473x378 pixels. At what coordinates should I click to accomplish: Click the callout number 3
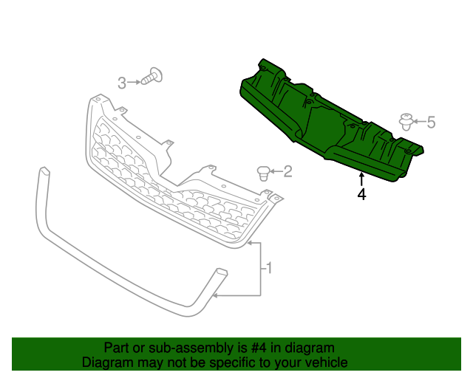[122, 83]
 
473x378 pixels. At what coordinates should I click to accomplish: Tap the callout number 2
[287, 172]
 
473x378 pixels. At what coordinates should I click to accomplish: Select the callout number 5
[431, 122]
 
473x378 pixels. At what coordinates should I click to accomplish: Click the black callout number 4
[361, 195]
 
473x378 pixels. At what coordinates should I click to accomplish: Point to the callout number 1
[269, 269]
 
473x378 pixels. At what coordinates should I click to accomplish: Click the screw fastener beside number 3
[153, 76]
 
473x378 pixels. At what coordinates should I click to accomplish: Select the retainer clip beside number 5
[406, 122]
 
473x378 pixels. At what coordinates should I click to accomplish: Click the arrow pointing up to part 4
[361, 179]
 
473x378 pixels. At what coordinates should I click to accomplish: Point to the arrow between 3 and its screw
[135, 82]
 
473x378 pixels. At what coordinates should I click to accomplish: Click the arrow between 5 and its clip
[419, 121]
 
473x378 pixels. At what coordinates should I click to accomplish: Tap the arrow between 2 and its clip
[275, 172]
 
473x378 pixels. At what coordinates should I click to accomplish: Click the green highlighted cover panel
[325, 118]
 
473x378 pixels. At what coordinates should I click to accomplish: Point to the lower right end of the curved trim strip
[220, 274]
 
